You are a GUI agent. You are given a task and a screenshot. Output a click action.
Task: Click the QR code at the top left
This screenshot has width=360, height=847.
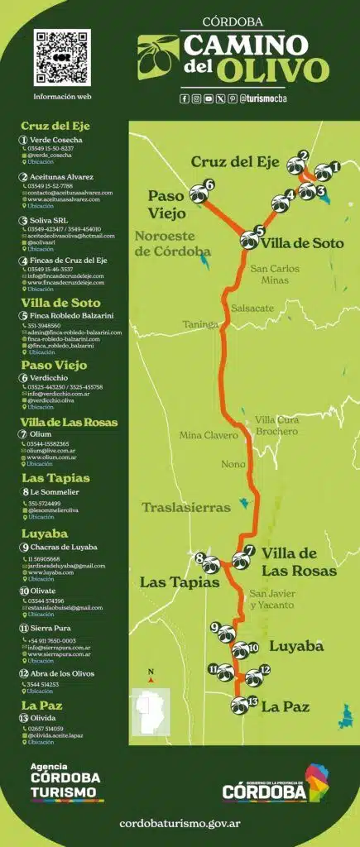click(x=62, y=57)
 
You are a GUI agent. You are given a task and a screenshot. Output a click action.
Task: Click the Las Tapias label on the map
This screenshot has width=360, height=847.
click(x=179, y=583)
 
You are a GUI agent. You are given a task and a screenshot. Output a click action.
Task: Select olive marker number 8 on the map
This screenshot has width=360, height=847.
click(x=210, y=565)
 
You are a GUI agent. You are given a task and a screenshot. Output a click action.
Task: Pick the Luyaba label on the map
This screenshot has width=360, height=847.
click(x=296, y=645)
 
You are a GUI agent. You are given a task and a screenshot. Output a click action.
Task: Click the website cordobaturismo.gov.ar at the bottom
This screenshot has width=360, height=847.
click(x=180, y=824)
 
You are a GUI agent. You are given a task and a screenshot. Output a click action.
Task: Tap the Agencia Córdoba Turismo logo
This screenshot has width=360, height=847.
click(x=66, y=782)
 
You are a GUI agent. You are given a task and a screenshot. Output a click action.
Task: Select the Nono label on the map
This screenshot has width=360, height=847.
click(x=233, y=464)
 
